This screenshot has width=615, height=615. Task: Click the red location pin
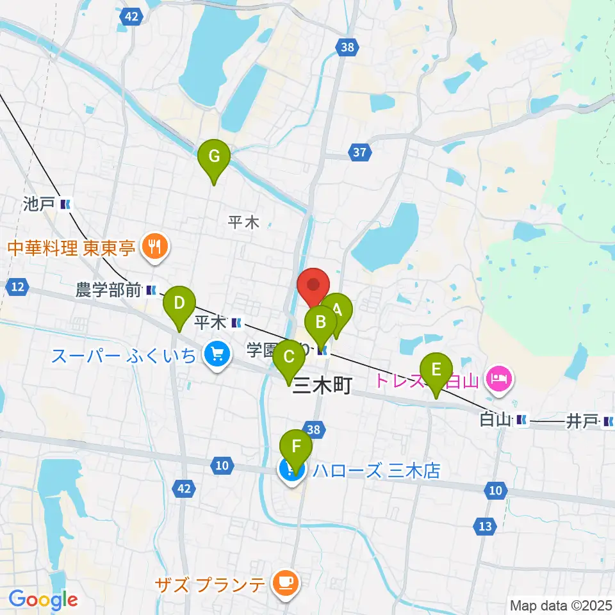click(x=313, y=286)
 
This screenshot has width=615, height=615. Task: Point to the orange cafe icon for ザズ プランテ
click(x=283, y=582)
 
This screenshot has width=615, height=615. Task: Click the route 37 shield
click(x=360, y=152)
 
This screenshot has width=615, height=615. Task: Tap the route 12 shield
click(x=18, y=288)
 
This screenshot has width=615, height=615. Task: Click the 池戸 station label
click(x=38, y=205)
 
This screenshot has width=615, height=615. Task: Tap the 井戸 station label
click(x=580, y=421)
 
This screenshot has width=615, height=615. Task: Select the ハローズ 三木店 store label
click(x=377, y=471)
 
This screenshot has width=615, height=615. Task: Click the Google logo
click(x=43, y=600)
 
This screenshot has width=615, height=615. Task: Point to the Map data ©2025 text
click(x=560, y=604)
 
